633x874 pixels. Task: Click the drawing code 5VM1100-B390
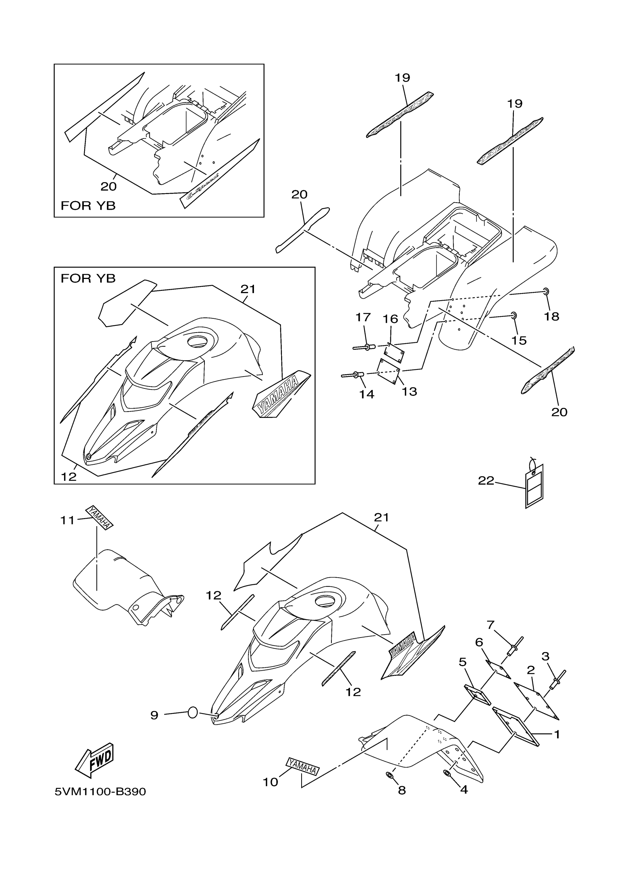tap(100, 792)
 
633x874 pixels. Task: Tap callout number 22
tap(486, 480)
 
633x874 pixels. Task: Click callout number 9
tap(154, 716)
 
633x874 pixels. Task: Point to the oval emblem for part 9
tap(193, 713)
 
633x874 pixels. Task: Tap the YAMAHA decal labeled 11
tap(99, 518)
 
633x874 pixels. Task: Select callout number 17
tap(363, 317)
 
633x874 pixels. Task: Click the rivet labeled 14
tap(353, 375)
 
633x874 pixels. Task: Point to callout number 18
tap(551, 317)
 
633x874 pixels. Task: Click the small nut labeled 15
tap(513, 316)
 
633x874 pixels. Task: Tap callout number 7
tap(490, 624)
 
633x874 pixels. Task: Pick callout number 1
tap(556, 734)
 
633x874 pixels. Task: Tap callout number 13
tap(409, 391)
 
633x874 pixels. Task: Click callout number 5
tap(463, 662)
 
